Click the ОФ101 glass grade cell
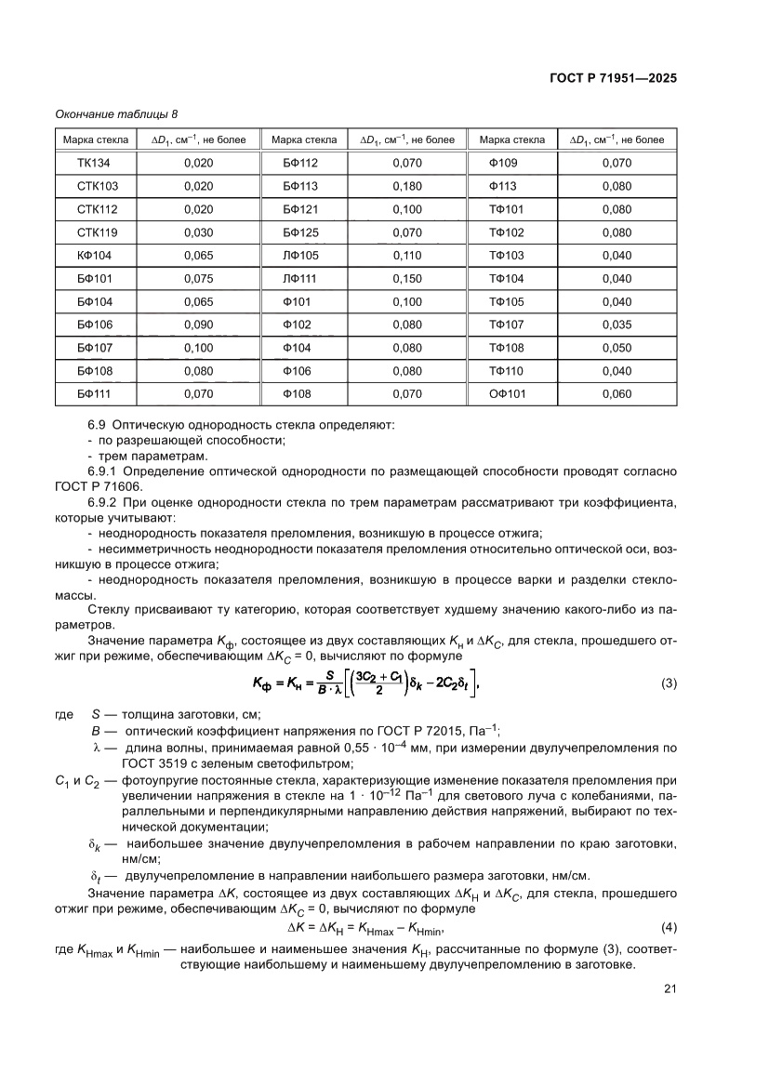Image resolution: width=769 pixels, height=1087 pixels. pyautogui.click(x=508, y=393)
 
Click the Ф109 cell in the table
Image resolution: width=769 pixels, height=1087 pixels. pyautogui.click(x=503, y=163)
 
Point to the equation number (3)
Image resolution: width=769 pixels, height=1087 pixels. pyautogui.click(x=669, y=683)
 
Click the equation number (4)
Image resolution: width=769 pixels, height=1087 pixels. pyautogui.click(x=669, y=928)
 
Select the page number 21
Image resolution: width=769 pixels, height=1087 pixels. pyautogui.click(x=669, y=989)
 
